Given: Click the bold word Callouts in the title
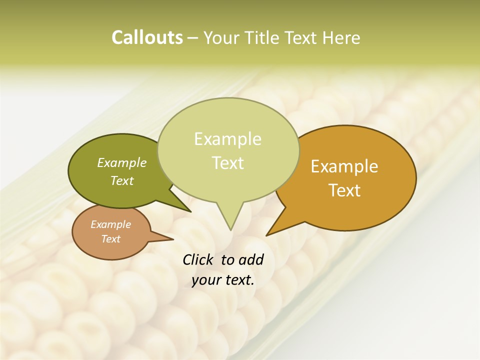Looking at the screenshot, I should [147, 37].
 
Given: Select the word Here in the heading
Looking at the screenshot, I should [341, 37].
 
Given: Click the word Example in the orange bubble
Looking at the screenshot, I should [344, 166].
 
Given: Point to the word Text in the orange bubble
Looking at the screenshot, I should [344, 190].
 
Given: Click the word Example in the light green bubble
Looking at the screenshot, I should [227, 139].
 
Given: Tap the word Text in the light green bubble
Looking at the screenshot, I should [227, 163].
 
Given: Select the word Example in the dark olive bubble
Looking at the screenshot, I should [122, 162].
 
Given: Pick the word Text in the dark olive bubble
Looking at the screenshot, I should [122, 180].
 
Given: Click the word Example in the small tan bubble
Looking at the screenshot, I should [110, 224].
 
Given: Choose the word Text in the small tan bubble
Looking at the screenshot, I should [110, 239].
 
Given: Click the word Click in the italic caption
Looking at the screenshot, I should [198, 259].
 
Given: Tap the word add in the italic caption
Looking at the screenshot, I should [251, 259].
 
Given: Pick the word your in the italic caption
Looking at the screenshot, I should [205, 280].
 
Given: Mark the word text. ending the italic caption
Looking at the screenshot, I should [238, 280].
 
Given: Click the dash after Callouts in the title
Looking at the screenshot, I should [193, 38].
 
